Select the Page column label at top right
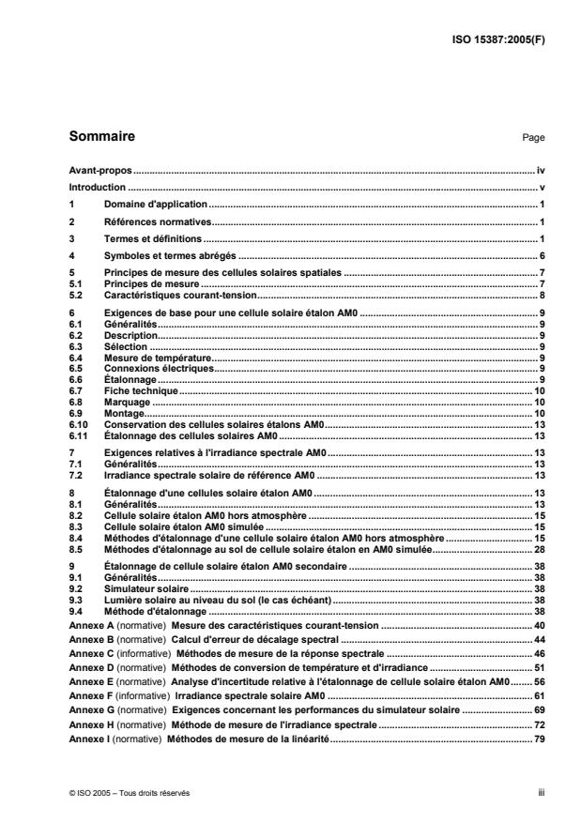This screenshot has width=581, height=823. point(533,138)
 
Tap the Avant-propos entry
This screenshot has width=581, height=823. point(99,172)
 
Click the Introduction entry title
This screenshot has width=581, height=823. point(97,188)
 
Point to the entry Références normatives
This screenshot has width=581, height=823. point(157,221)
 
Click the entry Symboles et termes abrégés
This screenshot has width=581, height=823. point(169,255)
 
